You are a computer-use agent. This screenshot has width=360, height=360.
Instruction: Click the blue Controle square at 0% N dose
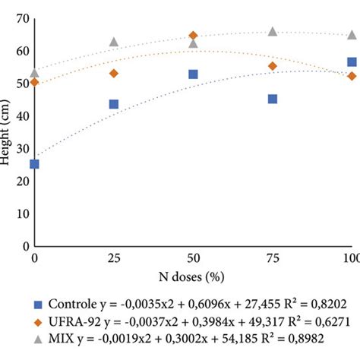click(x=34, y=164)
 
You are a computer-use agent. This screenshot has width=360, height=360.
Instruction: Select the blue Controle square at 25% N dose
click(x=114, y=104)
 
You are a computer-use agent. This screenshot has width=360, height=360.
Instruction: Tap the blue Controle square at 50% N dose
click(x=193, y=74)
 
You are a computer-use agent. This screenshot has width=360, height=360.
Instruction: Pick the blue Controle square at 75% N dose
click(x=273, y=99)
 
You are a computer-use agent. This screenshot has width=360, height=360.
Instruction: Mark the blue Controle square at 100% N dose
click(x=352, y=62)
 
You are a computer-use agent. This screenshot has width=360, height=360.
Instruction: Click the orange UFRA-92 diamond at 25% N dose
click(x=114, y=74)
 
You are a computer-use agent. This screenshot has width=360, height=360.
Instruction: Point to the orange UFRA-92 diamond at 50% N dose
click(x=193, y=36)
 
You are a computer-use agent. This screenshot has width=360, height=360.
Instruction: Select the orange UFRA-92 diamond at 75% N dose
click(x=273, y=66)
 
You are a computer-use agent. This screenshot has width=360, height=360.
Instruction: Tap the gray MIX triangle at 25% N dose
click(x=114, y=42)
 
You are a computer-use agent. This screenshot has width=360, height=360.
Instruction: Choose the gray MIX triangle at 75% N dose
click(x=273, y=31)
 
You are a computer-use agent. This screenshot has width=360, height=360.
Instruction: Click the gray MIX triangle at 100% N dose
click(x=352, y=34)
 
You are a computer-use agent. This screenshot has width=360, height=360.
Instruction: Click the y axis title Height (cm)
click(x=7, y=133)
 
